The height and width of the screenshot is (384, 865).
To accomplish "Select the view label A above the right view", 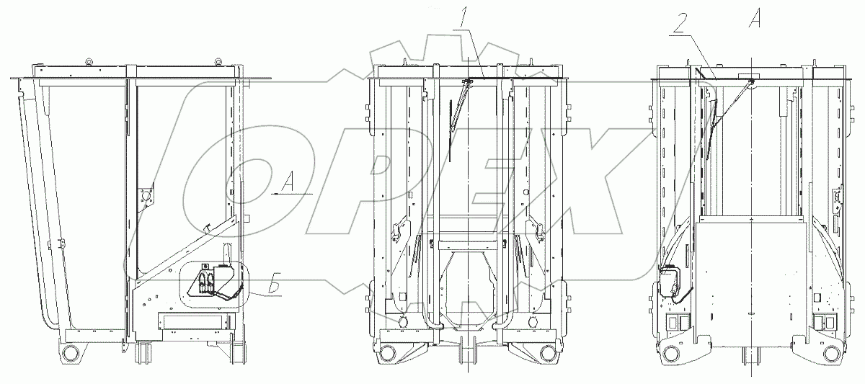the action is click(755, 17).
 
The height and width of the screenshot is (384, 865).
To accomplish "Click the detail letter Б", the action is click(274, 284).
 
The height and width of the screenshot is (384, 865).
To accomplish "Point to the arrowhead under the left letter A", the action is click(274, 194).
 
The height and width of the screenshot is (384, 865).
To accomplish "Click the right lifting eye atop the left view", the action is click(218, 62).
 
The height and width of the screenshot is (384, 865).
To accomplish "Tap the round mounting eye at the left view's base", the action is click(69, 353).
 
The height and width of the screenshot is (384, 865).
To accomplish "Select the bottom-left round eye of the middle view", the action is click(387, 352).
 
